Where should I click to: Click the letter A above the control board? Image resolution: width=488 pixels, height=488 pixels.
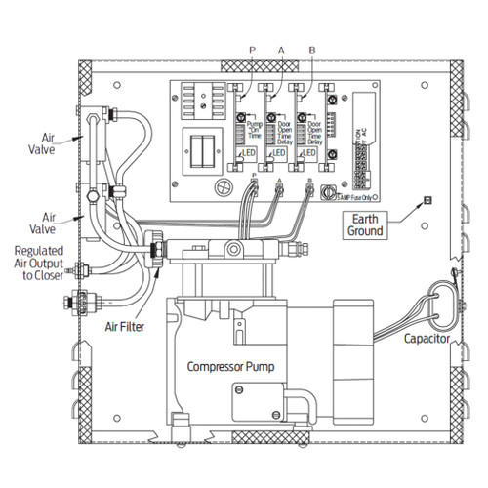pyautogui.click(x=281, y=48)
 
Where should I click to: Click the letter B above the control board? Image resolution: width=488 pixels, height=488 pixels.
pyautogui.click(x=310, y=48)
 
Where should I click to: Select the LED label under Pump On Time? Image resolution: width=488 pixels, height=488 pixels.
pyautogui.click(x=250, y=153)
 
